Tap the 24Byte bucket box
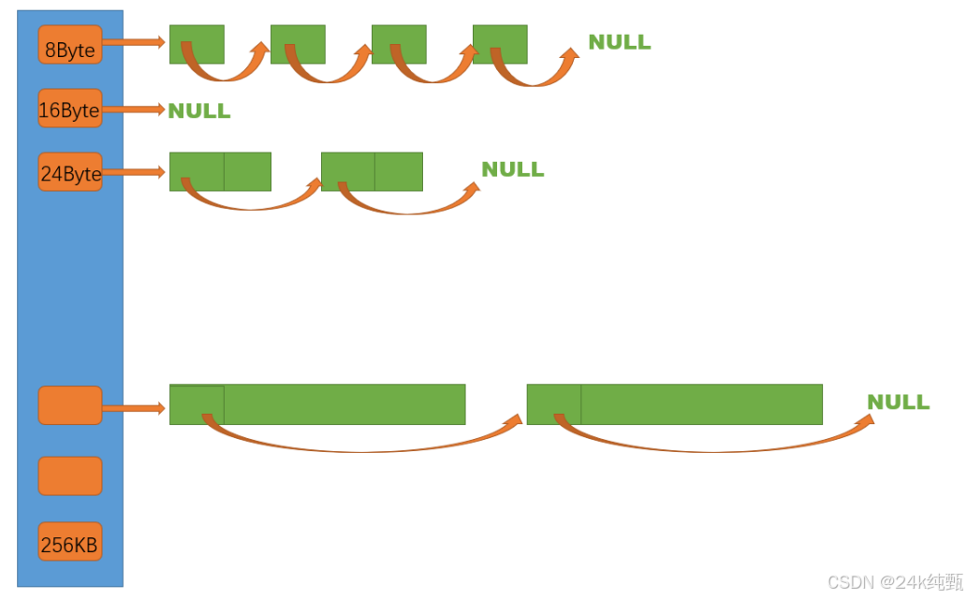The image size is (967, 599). point(70,172)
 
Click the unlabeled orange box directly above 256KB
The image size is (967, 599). point(70,475)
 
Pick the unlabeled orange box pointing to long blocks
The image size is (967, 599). point(70,405)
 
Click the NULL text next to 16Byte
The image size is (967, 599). point(199,111)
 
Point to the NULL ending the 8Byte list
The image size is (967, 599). point(619,42)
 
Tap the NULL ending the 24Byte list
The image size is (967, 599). point(512,169)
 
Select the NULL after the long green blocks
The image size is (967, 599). point(898,402)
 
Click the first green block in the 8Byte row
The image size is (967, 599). point(197,44)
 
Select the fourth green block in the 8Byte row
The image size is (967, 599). point(500,44)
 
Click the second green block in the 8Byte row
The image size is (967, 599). point(298,44)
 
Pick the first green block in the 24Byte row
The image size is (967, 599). point(220,171)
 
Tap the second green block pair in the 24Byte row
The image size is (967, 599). point(372,171)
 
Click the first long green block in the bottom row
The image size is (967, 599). point(317,404)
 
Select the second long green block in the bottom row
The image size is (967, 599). point(674,404)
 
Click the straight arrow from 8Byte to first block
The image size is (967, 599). point(134,42)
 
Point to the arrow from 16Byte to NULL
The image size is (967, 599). point(134,110)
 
